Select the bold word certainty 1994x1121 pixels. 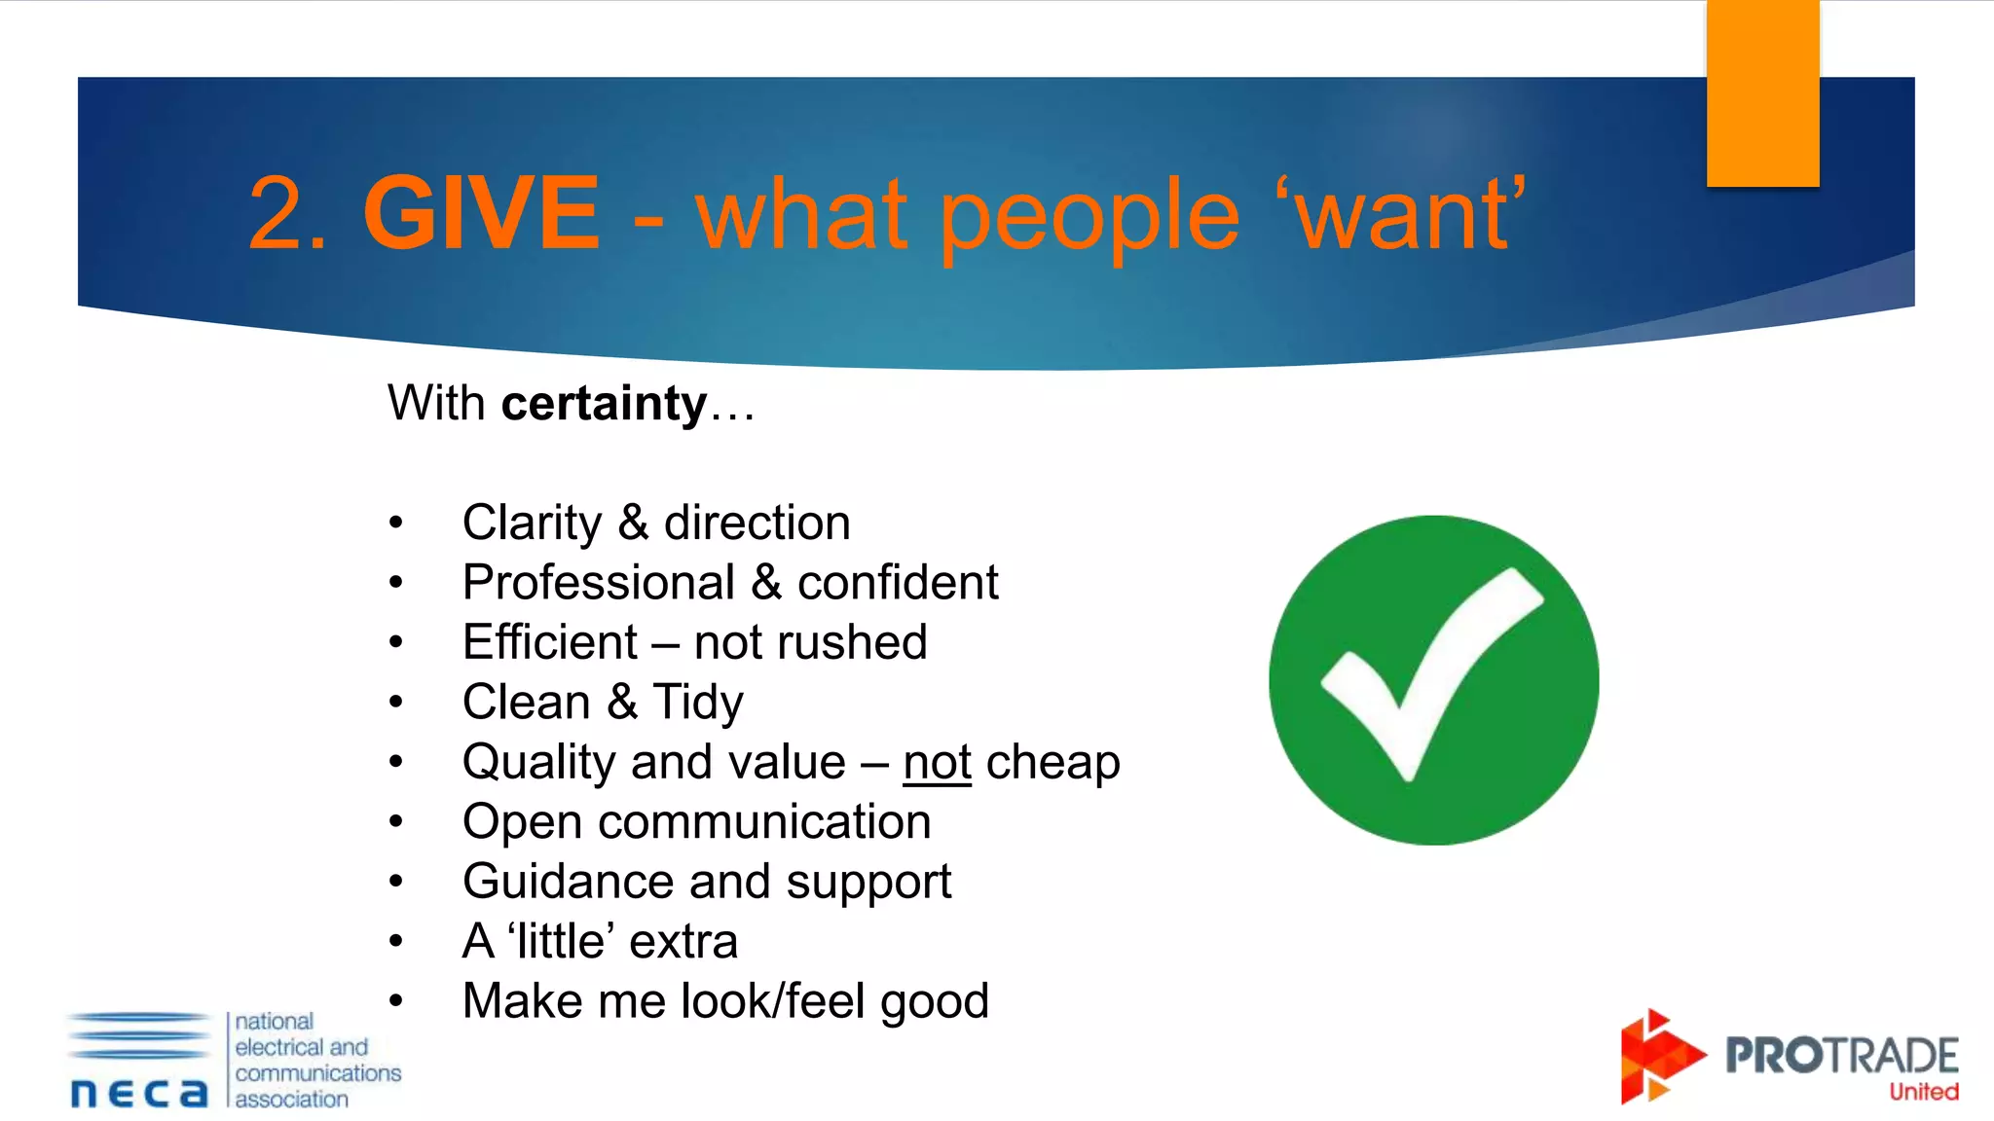pos(604,403)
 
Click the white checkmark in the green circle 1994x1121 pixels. pos(1431,671)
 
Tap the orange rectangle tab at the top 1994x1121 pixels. pos(1762,92)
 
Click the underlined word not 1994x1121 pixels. pos(937,762)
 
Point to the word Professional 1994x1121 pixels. pos(598,583)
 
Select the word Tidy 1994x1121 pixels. pos(698,703)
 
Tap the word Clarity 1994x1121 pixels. pos(532,524)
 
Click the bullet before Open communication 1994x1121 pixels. pos(395,822)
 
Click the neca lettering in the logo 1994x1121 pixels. pos(139,1093)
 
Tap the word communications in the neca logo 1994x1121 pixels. pos(317,1072)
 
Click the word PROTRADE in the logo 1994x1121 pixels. pos(1840,1056)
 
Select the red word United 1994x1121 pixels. pos(1923,1092)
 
